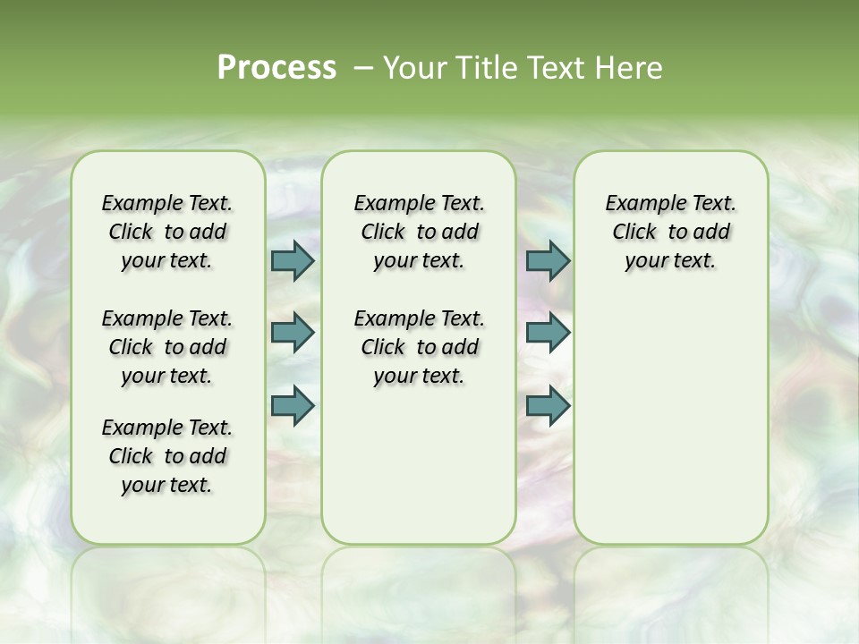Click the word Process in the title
(x=276, y=68)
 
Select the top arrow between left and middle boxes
(x=293, y=260)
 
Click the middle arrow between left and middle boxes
(x=293, y=333)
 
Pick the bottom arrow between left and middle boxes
(x=293, y=405)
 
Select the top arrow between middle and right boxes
(x=548, y=260)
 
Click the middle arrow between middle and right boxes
(x=548, y=333)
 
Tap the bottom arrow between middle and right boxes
(x=548, y=405)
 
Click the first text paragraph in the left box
(x=167, y=232)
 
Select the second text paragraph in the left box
(x=167, y=347)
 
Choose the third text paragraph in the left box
(x=167, y=456)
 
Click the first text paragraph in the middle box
(x=419, y=232)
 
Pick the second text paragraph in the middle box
(x=419, y=347)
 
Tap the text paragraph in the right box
(x=670, y=232)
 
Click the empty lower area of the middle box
(x=419, y=465)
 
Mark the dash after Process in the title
(x=363, y=69)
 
